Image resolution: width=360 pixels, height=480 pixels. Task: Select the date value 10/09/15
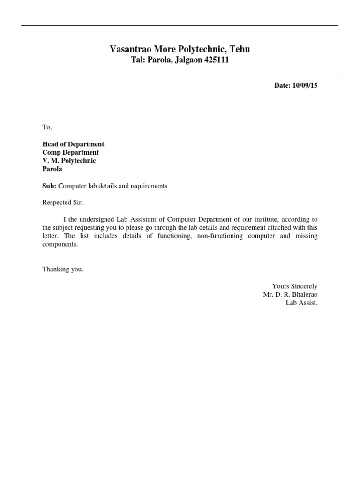click(305, 86)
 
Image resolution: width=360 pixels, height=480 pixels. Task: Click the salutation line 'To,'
click(47, 127)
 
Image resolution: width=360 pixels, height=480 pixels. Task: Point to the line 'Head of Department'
click(73, 144)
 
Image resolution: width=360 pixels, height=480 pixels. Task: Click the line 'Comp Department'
click(70, 152)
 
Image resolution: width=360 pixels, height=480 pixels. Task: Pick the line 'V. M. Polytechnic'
click(69, 161)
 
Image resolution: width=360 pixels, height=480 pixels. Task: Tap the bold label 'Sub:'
click(49, 186)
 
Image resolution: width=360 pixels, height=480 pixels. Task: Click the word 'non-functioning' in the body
click(220, 236)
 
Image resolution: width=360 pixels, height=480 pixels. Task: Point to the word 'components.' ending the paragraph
click(59, 245)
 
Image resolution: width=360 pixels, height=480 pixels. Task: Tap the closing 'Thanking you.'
click(63, 270)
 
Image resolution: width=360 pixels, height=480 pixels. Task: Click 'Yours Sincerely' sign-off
click(294, 286)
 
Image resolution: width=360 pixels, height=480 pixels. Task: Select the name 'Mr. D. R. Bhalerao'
click(290, 294)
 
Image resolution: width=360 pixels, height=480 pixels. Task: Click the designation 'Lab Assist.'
click(302, 303)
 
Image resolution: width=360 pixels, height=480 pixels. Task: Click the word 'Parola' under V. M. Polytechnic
click(52, 169)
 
